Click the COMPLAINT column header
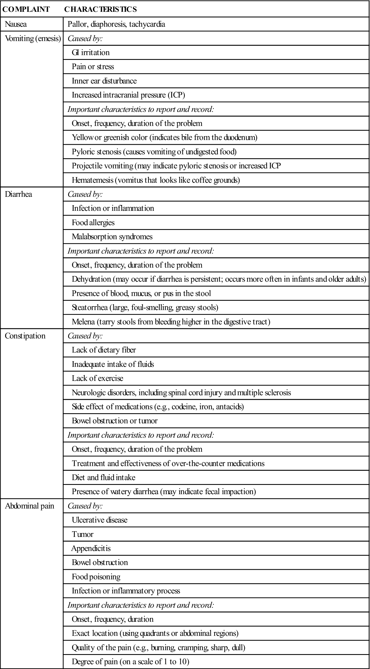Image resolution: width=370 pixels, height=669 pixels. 26,9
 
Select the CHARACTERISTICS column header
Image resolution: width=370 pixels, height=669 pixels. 100,9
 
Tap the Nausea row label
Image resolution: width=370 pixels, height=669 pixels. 16,24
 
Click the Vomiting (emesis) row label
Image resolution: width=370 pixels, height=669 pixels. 33,39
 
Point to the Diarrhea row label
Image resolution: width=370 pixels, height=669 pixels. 18,194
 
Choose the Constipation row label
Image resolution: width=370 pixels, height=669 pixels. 25,336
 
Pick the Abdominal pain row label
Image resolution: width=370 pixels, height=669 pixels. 30,506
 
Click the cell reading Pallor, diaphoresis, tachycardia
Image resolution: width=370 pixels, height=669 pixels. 116,24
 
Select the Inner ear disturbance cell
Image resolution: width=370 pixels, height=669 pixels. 104,81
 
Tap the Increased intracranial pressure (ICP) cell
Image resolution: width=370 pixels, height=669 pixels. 128,95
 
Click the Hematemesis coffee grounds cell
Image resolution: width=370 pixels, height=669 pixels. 156,180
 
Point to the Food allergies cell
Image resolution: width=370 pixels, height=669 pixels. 93,223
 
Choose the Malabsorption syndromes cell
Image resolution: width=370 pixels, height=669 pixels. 112,237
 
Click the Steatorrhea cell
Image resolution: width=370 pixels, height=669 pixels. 145,308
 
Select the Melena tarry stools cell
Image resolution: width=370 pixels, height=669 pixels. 171,322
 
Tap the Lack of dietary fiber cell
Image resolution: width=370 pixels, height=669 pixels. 104,350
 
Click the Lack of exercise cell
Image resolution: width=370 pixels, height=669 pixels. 97,378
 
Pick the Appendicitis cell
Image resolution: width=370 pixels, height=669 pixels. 91,548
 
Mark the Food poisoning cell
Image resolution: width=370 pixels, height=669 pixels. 96,577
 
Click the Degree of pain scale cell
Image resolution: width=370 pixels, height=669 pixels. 130,662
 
